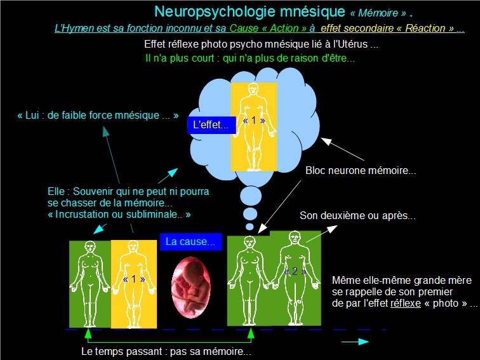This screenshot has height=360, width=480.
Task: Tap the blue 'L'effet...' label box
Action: [x=211, y=125]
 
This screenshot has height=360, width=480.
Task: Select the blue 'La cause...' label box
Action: [x=190, y=242]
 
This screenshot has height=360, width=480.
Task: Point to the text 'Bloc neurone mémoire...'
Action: [x=361, y=171]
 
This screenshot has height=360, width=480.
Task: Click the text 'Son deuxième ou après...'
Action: [x=357, y=216]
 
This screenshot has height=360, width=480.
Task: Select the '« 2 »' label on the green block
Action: [x=293, y=272]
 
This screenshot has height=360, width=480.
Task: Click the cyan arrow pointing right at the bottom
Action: [x=355, y=342]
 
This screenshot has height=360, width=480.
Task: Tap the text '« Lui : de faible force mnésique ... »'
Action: [x=98, y=116]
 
